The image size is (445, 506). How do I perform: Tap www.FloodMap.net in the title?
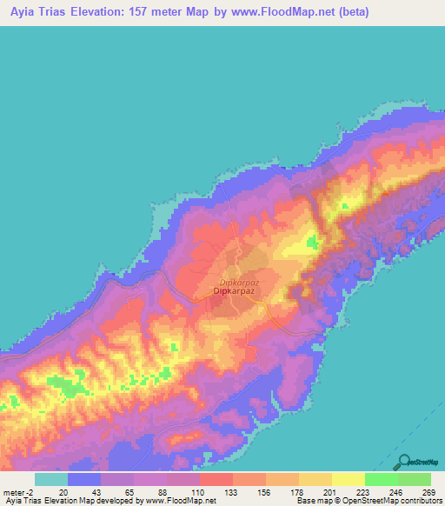(289, 11)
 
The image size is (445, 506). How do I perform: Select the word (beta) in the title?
(369, 11)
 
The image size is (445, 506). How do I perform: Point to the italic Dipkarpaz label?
(241, 283)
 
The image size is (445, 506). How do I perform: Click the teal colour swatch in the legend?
(50, 479)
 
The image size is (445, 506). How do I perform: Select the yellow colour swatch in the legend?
(348, 479)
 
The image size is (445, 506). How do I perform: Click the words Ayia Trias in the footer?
(21, 500)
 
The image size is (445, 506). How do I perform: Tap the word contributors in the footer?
(420, 500)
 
